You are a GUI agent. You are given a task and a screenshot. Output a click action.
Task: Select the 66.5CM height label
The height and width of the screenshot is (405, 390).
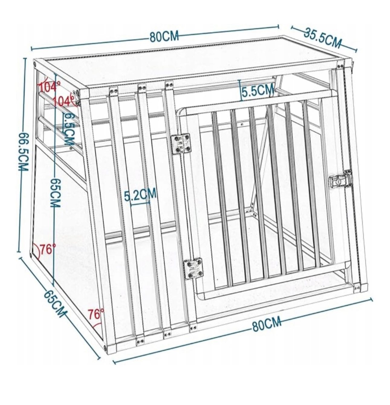click(23, 152)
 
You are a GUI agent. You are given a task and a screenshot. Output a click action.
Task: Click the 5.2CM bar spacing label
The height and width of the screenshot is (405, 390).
click(140, 194)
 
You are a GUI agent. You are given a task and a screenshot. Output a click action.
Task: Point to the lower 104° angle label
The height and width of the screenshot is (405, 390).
click(64, 101)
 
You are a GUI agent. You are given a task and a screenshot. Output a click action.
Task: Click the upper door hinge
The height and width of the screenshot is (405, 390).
click(180, 144)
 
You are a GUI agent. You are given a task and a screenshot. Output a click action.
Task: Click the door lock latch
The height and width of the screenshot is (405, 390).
click(340, 178)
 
